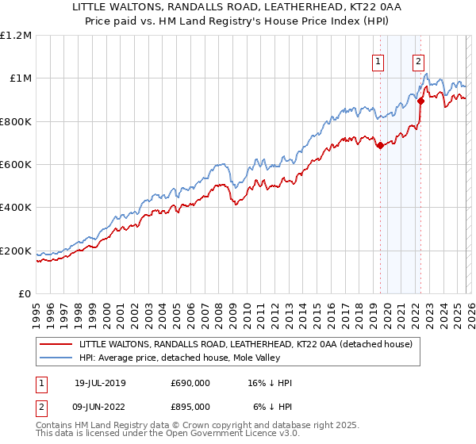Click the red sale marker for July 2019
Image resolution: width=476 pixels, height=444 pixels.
(x=380, y=145)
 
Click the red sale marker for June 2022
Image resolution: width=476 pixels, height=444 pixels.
(x=420, y=101)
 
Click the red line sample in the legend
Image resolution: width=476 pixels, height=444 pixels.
(x=56, y=345)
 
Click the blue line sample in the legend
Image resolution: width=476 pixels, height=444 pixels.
(x=56, y=358)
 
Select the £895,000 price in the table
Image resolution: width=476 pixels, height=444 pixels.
(x=190, y=406)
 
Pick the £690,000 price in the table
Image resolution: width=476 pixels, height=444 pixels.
(x=190, y=383)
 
